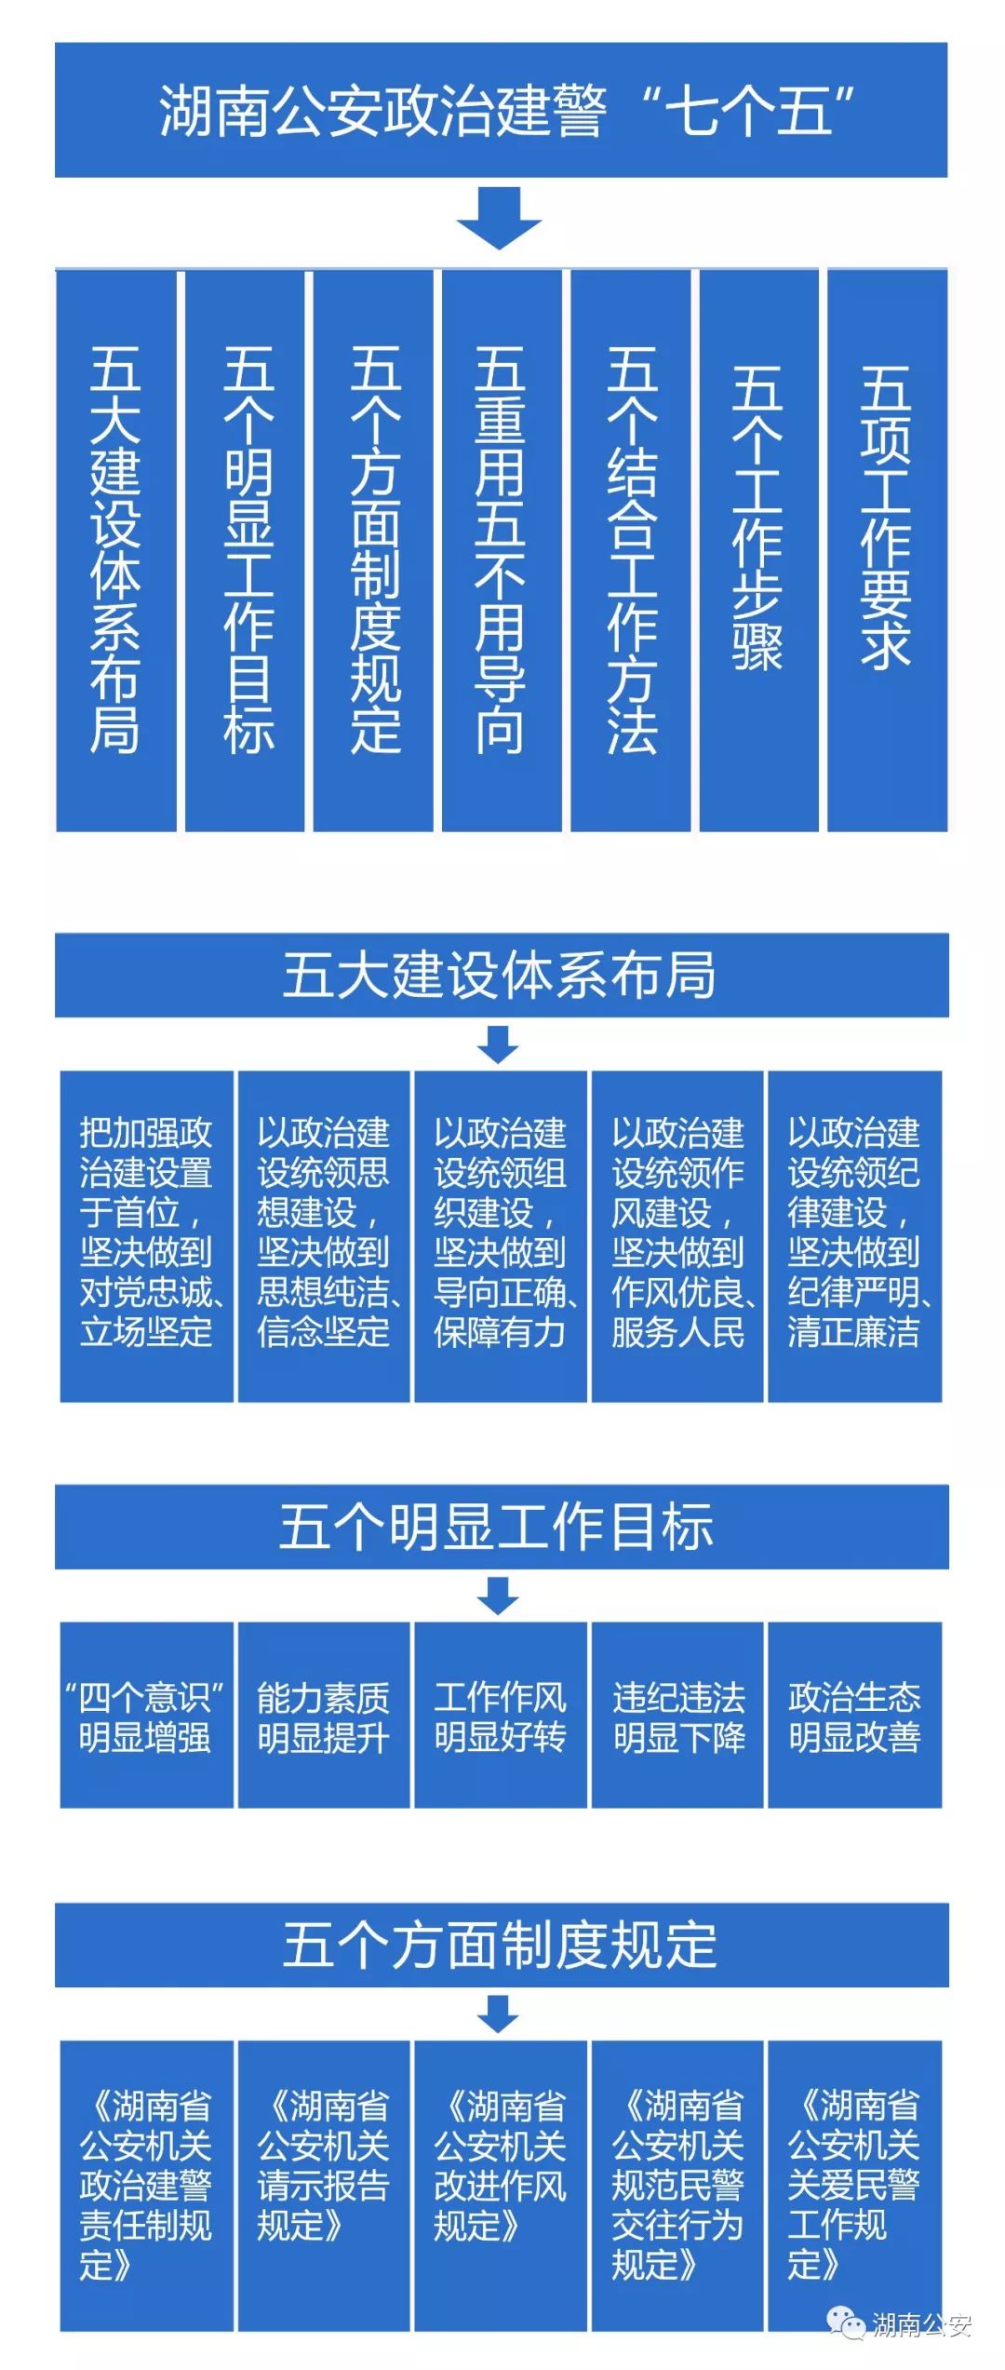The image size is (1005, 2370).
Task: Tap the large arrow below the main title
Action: pos(499,218)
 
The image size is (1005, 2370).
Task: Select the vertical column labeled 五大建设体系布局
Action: pos(115,550)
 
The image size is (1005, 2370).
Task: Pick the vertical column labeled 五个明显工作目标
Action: pos(245,550)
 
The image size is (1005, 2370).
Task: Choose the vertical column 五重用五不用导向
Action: pos(502,550)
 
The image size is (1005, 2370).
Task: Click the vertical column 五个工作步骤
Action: pos(758,550)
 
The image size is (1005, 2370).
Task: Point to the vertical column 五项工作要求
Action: pos(887,550)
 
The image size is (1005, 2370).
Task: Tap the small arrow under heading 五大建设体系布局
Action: pos(499,1044)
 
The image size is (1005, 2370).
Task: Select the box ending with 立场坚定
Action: pos(146,1236)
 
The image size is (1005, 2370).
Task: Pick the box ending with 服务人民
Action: pos(677,1236)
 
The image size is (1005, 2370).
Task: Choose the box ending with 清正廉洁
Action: pos(854,1236)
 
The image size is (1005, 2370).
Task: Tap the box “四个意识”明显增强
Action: pos(146,1716)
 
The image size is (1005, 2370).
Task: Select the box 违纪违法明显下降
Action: pos(677,1716)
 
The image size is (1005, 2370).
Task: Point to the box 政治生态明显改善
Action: pos(854,1716)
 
